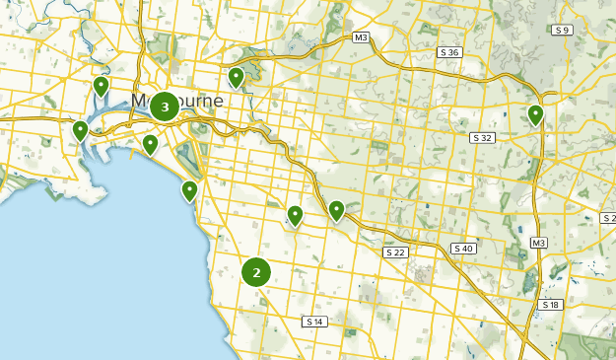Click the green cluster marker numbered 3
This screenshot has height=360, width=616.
pos(165,107)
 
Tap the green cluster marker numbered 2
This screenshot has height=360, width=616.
pos(256,272)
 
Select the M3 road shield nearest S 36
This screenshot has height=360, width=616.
pos(361,37)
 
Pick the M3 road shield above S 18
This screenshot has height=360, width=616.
pos(538,243)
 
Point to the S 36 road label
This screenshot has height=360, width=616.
pos(449,51)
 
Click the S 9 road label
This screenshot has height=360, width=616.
pos(563,31)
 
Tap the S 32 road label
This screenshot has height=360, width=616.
pos(482,137)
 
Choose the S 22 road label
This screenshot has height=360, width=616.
pos(395,252)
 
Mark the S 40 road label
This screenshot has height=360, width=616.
pos(463,248)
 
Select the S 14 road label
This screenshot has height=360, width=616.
pos(314,322)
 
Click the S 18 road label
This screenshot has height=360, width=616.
pos(550,306)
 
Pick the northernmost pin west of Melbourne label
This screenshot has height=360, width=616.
pos(101,87)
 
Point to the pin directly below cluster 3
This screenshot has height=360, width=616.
pos(150,145)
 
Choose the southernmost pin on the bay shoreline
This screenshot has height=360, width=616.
pos(189,191)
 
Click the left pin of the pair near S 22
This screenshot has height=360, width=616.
pos(295,216)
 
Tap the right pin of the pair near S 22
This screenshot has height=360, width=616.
pos(336,210)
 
